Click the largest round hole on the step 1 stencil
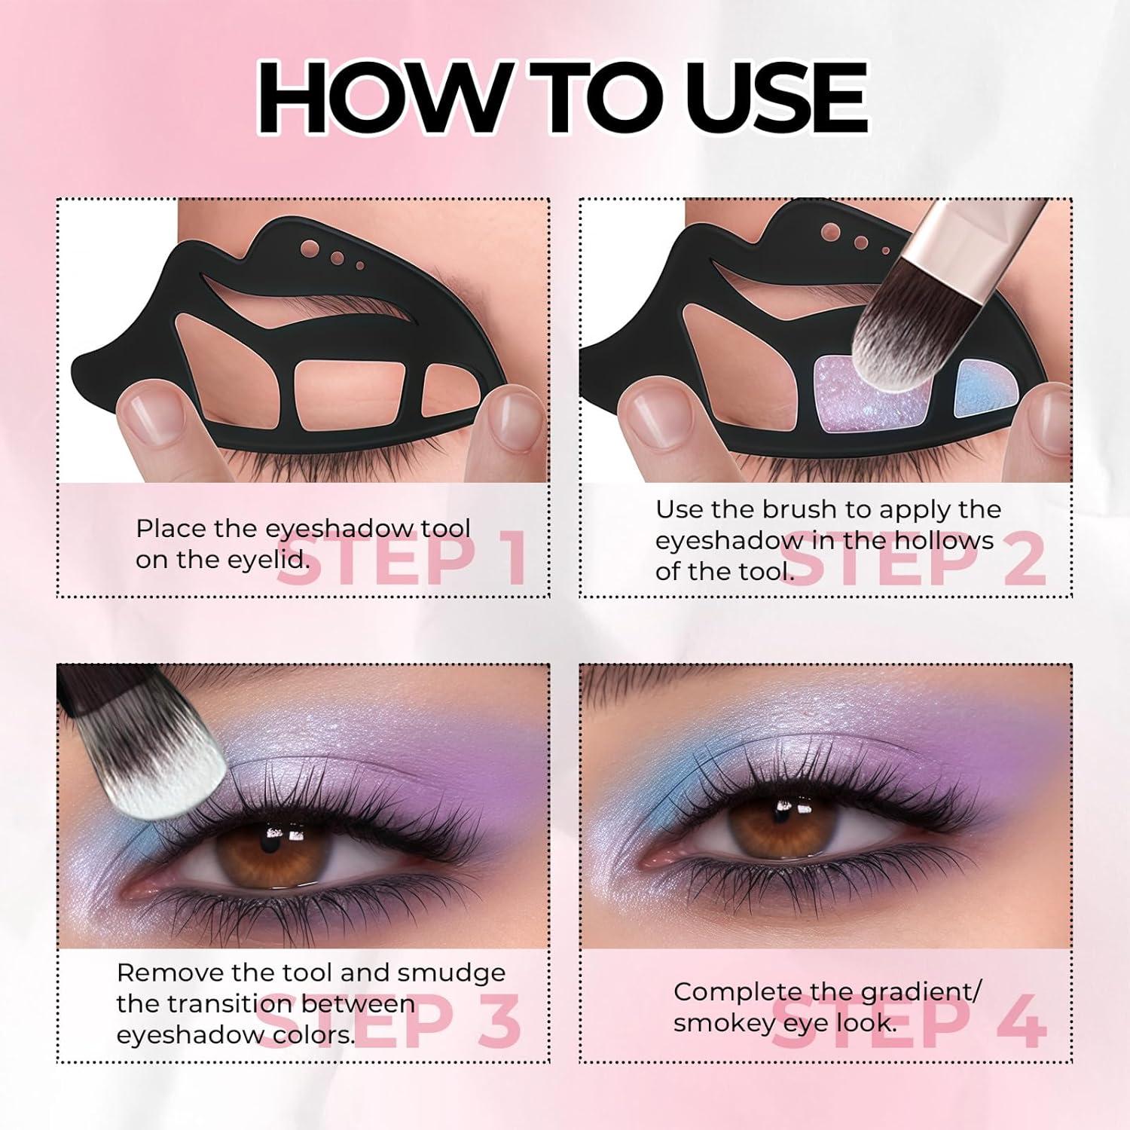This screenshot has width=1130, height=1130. pos(309,247)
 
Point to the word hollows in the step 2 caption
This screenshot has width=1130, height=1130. pos(944,540)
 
